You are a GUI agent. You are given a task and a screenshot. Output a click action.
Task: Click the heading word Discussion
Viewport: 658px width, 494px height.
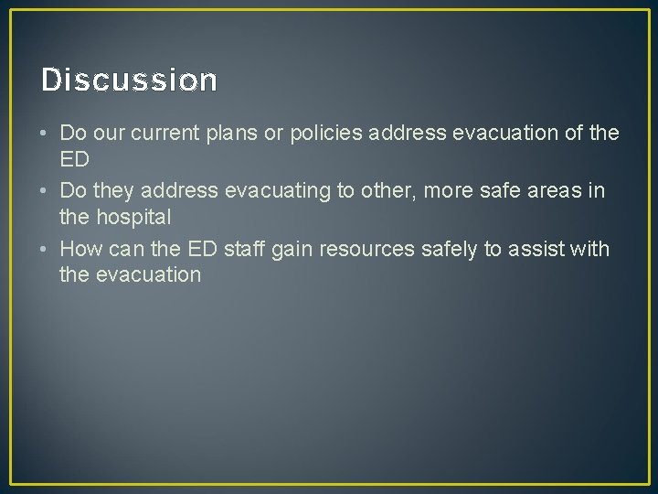pyautogui.click(x=129, y=81)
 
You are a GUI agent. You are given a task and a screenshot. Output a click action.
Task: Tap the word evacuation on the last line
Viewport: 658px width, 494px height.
pyautogui.click(x=147, y=275)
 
